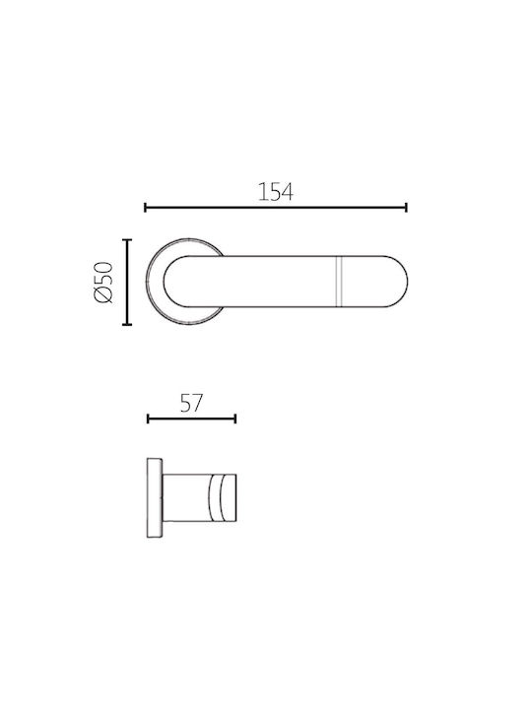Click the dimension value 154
click(x=276, y=192)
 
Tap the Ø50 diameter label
click(x=102, y=283)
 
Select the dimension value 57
click(x=191, y=403)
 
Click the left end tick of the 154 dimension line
click(x=145, y=208)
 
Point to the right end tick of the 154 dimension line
click(x=406, y=208)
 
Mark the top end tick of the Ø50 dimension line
click(x=127, y=240)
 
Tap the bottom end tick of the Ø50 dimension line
click(x=127, y=324)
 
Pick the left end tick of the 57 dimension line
click(x=148, y=419)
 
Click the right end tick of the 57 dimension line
click(x=235, y=419)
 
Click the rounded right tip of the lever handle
click(x=407, y=282)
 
